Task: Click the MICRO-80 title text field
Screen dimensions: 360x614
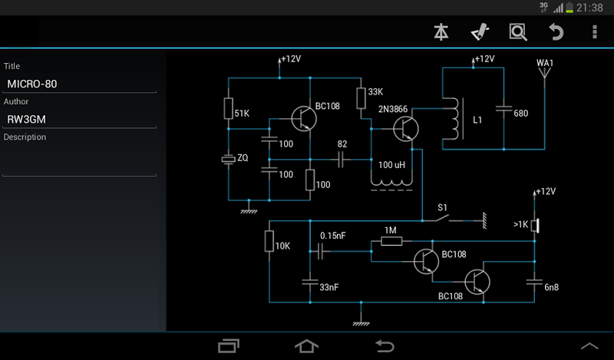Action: (79, 84)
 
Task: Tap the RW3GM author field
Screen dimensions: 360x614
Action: (79, 119)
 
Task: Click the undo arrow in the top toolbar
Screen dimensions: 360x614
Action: (556, 32)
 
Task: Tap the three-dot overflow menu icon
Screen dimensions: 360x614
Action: (594, 32)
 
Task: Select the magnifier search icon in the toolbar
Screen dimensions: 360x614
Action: (518, 32)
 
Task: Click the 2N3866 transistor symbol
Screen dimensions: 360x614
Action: (405, 127)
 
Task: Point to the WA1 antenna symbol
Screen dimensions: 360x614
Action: (545, 74)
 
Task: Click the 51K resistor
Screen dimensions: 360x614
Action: (228, 109)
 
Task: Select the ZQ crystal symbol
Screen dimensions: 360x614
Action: (228, 159)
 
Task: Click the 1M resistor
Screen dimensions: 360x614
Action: (391, 241)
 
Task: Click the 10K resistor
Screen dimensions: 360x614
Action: (269, 241)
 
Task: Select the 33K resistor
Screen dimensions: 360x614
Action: (361, 97)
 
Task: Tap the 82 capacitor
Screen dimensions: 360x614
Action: (342, 159)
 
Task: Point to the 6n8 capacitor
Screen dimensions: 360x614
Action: (534, 282)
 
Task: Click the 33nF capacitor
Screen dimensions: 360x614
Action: (309, 282)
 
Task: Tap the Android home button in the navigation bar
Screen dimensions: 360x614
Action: (306, 346)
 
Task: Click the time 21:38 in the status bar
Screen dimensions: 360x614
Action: (589, 8)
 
